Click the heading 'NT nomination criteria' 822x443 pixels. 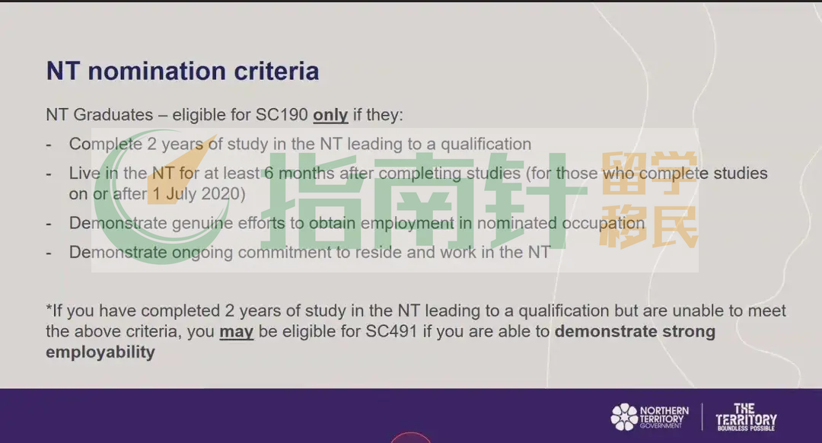(183, 72)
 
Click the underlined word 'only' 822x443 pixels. (330, 115)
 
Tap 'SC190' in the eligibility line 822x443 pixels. (282, 114)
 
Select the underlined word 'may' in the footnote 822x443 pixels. (237, 332)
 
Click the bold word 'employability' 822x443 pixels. (100, 352)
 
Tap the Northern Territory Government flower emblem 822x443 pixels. (624, 417)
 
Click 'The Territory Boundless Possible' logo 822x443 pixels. (746, 417)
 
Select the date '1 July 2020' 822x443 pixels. (196, 194)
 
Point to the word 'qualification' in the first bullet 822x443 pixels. (486, 144)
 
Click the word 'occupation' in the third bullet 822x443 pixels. (603, 223)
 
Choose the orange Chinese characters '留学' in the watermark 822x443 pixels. (649, 174)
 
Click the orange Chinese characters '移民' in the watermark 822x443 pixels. (649, 227)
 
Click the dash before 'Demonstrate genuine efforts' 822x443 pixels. (49, 224)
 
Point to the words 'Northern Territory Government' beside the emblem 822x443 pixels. (664, 417)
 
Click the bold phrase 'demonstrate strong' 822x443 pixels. (635, 331)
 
